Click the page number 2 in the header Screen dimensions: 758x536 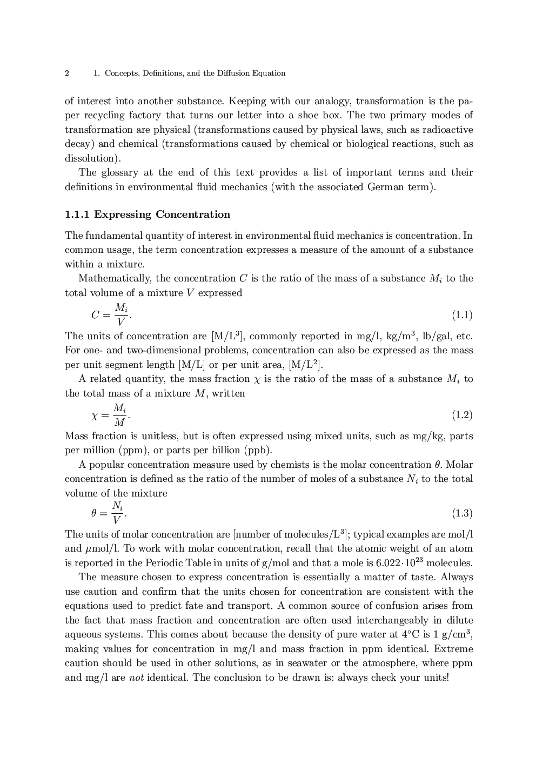pos(67,73)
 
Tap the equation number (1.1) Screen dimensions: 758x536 pos(462,315)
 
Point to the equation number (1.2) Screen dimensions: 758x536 pos(462,415)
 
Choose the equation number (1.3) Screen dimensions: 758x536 pos(462,513)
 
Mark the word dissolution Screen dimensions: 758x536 pos(91,158)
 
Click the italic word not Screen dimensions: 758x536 pos(136,677)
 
